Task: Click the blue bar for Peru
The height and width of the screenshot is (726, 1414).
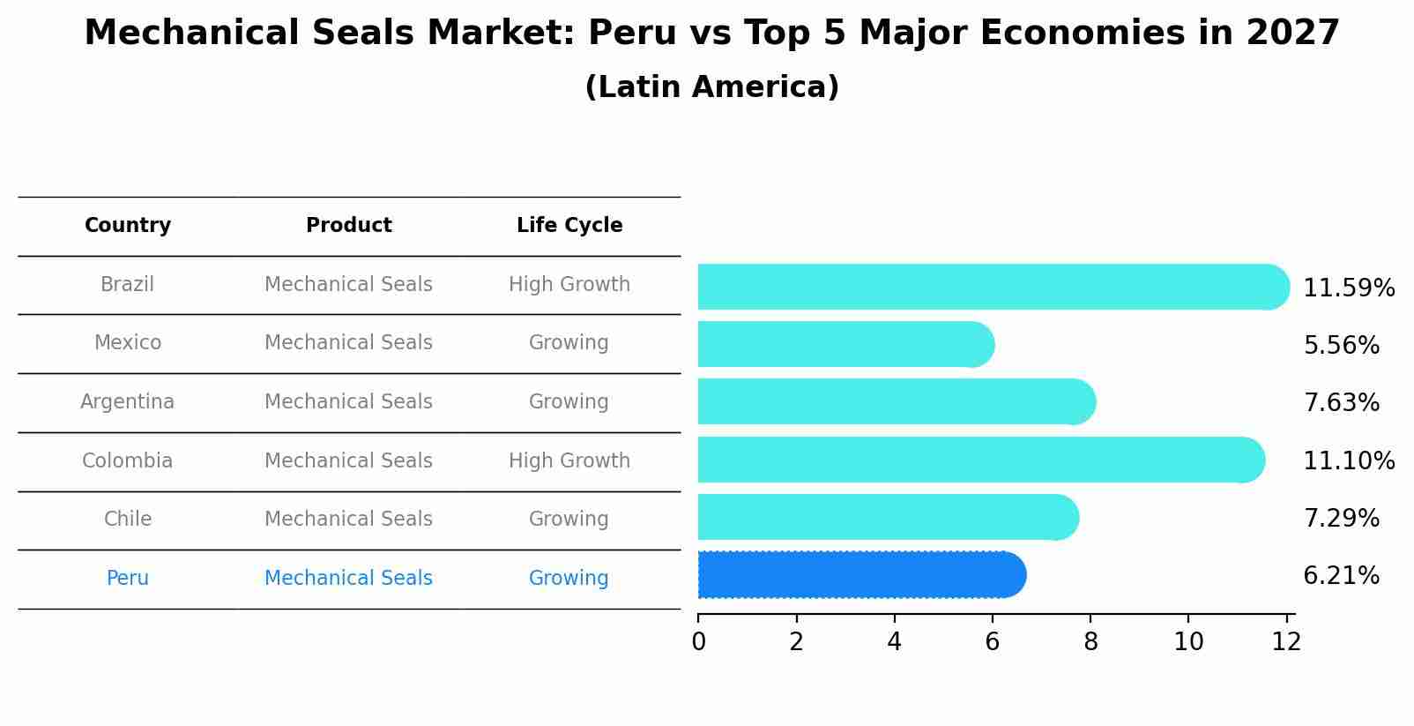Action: [860, 575]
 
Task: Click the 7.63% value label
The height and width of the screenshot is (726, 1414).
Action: [1341, 403]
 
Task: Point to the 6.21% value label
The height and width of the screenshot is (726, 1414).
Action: [1341, 576]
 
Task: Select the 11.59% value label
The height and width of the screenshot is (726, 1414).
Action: [1348, 288]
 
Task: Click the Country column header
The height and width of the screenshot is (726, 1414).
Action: [128, 226]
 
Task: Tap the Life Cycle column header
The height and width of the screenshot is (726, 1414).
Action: [569, 226]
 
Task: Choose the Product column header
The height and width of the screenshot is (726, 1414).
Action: [349, 226]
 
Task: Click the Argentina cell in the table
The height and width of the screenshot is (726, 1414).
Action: [128, 402]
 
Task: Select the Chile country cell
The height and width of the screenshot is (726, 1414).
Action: [128, 520]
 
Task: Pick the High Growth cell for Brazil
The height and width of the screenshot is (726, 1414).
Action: [569, 285]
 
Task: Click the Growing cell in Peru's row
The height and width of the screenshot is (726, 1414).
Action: [569, 579]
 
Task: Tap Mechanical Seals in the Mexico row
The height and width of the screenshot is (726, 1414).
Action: [349, 343]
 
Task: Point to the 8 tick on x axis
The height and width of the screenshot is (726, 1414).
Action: [1090, 642]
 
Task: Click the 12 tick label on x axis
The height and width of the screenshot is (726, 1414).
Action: [1286, 642]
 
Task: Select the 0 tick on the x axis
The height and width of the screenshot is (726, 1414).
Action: [699, 642]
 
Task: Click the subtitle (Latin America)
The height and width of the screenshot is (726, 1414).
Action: [711, 87]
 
